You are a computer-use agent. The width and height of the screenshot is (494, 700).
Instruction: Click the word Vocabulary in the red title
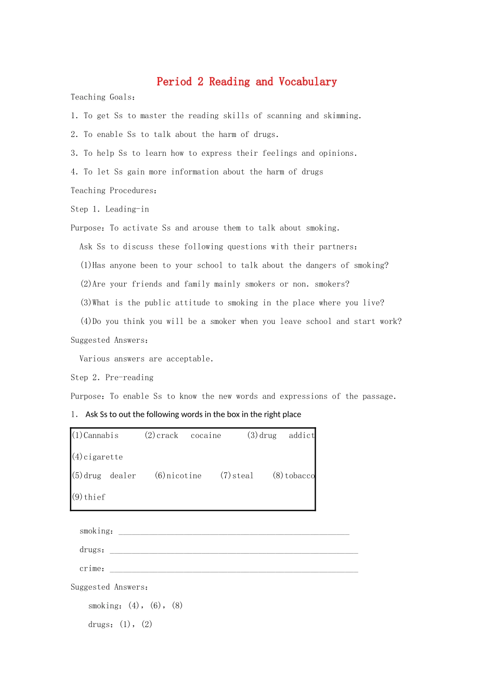307,82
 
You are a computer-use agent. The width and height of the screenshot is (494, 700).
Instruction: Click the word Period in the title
174,82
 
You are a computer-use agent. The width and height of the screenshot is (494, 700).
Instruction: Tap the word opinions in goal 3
336,153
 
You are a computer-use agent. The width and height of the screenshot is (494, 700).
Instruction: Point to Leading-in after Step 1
127,209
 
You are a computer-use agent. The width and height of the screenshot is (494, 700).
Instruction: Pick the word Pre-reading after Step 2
129,378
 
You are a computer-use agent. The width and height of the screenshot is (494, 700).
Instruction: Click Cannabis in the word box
101,435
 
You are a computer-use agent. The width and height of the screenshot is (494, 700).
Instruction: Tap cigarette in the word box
103,457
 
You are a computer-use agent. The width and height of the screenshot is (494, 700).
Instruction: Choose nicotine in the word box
184,476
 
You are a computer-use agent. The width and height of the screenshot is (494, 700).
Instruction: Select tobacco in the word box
300,476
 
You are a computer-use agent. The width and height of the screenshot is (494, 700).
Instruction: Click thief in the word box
95,497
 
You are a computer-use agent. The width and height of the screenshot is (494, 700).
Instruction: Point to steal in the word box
243,476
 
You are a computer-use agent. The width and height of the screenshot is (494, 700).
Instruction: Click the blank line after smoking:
234,532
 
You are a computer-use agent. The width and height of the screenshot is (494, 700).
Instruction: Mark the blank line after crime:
234,570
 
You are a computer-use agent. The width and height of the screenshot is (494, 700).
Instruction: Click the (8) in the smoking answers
177,606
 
